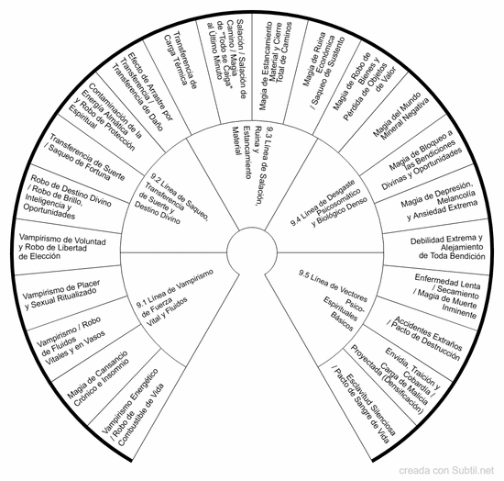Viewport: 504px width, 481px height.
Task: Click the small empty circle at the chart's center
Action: (x=252, y=252)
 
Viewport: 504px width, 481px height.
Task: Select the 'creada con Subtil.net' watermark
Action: (x=446, y=471)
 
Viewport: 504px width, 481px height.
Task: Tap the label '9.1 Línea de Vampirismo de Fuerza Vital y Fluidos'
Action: (x=175, y=298)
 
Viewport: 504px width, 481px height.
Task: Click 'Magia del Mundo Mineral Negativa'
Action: (x=400, y=117)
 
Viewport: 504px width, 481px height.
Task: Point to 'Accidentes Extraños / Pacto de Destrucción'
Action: (x=425, y=338)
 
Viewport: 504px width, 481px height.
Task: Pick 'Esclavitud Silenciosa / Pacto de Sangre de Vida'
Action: (x=364, y=408)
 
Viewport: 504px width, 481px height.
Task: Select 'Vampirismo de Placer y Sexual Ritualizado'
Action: (x=61, y=295)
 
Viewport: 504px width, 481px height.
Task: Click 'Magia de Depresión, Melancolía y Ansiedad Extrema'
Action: (x=439, y=202)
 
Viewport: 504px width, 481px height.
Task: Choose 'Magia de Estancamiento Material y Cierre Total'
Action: (x=270, y=66)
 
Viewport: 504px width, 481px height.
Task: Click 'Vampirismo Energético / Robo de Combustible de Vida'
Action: (x=133, y=408)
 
